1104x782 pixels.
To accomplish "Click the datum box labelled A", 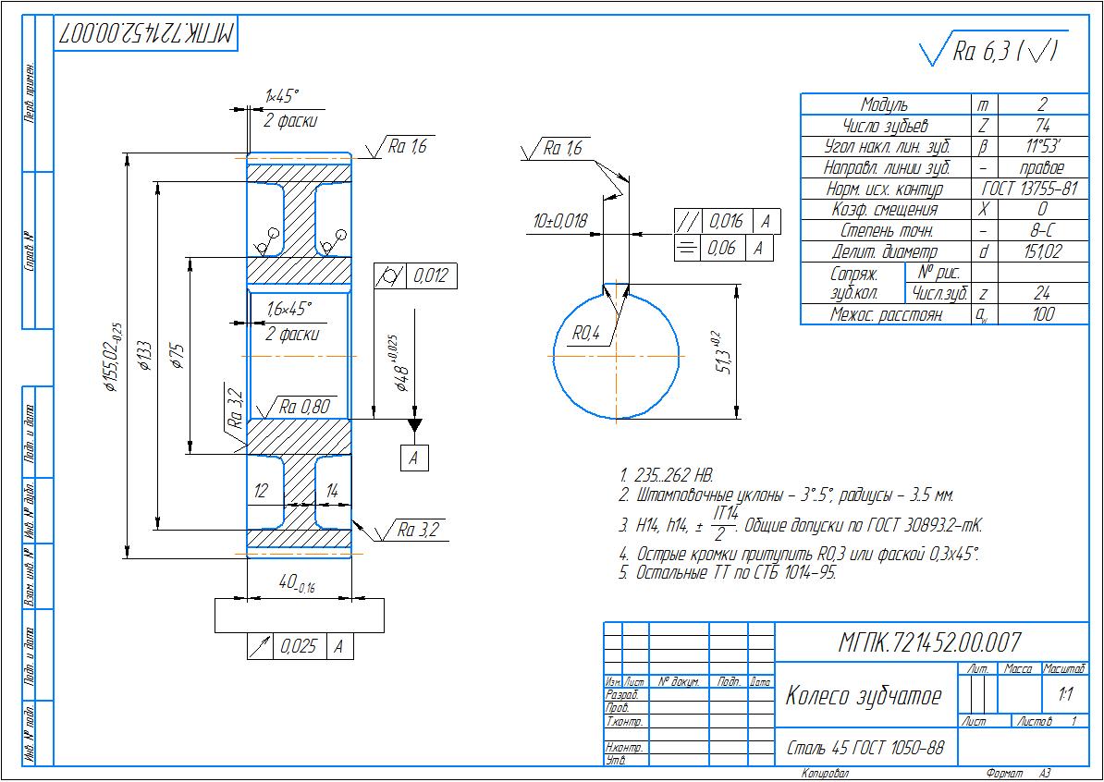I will (415, 458).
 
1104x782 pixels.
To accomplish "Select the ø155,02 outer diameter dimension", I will (114, 357).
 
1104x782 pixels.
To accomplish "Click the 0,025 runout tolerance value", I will (298, 647).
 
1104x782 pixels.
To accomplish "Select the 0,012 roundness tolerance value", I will (431, 275).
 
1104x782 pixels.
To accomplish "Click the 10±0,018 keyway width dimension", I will (560, 221).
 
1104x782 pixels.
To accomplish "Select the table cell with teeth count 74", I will (1041, 126).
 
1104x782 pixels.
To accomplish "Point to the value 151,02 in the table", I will (1041, 251).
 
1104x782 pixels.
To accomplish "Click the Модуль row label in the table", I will (884, 104).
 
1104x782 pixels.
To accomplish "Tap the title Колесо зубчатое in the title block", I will (863, 696).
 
